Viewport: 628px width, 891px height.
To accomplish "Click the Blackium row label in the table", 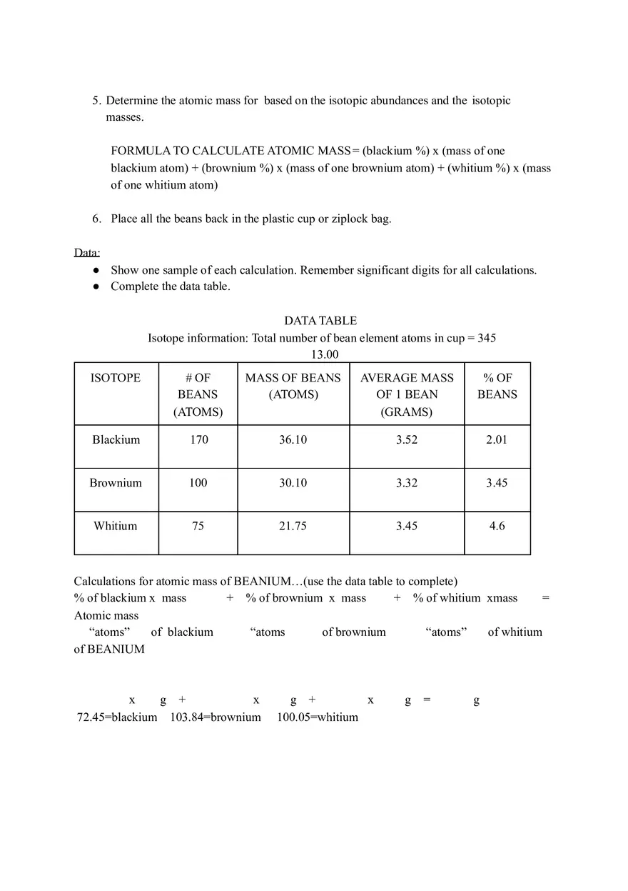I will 116,440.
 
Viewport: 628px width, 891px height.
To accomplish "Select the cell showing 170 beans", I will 198,440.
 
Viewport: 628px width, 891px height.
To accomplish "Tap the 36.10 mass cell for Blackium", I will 293,440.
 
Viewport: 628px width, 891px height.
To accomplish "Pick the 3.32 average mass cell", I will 407,483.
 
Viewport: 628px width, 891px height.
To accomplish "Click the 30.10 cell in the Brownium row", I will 293,483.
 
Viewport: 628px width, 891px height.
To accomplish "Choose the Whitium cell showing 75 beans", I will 198,526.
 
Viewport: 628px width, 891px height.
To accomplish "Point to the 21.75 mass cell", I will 293,526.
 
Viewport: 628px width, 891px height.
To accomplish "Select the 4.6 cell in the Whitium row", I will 497,526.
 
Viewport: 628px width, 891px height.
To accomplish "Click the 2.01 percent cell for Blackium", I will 497,440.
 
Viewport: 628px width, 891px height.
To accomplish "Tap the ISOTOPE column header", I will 116,378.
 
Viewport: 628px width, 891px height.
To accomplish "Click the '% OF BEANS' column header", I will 497,386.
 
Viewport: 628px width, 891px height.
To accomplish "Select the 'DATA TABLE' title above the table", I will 320,321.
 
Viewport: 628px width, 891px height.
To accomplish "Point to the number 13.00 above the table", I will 324,354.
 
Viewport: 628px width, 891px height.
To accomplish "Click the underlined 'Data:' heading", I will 87,252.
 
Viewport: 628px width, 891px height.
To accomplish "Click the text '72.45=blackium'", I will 117,717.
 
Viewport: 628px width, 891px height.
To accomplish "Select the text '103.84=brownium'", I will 216,717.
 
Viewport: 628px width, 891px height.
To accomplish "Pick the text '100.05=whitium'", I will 318,717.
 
